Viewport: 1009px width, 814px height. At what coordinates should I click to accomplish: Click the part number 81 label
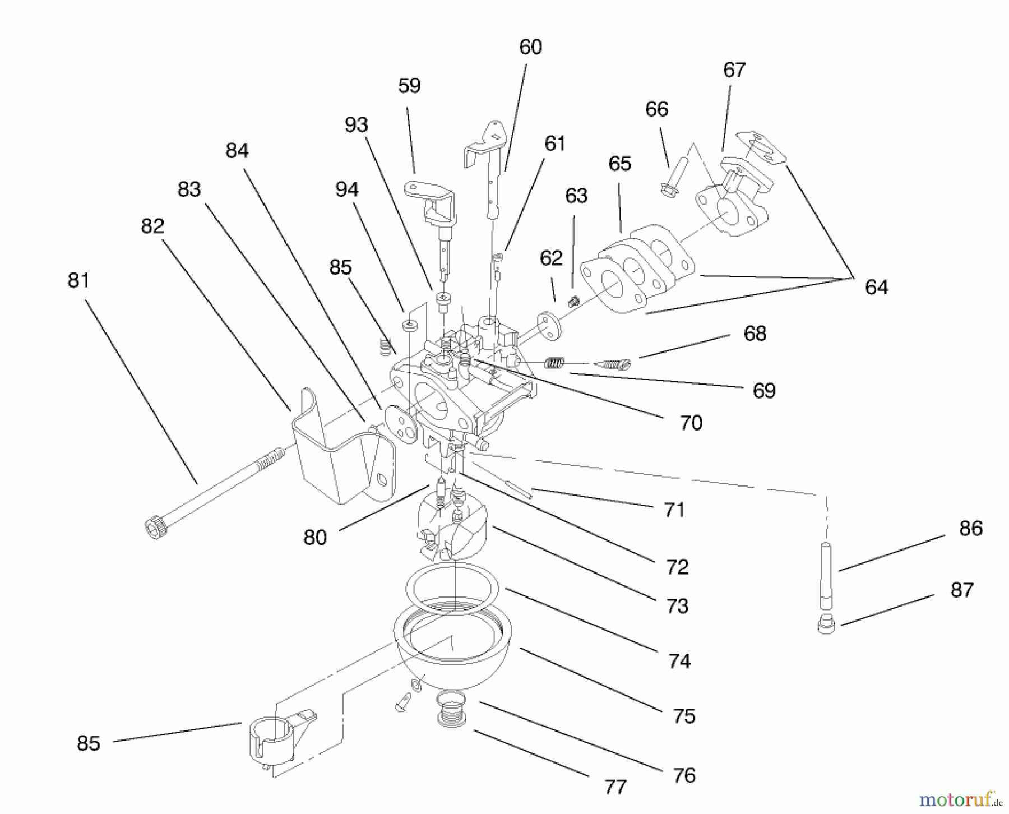click(x=78, y=280)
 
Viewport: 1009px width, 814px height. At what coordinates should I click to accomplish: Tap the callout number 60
click(x=530, y=47)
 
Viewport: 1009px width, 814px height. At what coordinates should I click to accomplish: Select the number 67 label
click(x=734, y=70)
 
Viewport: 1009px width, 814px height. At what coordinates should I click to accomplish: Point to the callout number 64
click(x=876, y=288)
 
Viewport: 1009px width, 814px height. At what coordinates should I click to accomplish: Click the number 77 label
click(x=615, y=787)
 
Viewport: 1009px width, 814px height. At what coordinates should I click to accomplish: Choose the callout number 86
click(x=970, y=528)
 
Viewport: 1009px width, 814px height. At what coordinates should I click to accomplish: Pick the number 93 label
click(x=356, y=125)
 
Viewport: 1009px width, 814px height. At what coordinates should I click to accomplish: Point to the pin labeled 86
click(x=826, y=575)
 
